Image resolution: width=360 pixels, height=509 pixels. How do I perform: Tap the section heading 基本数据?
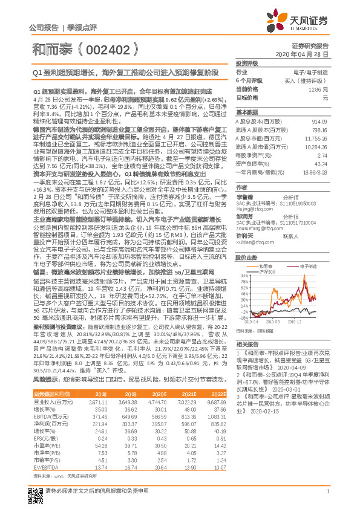tap(246, 112)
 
